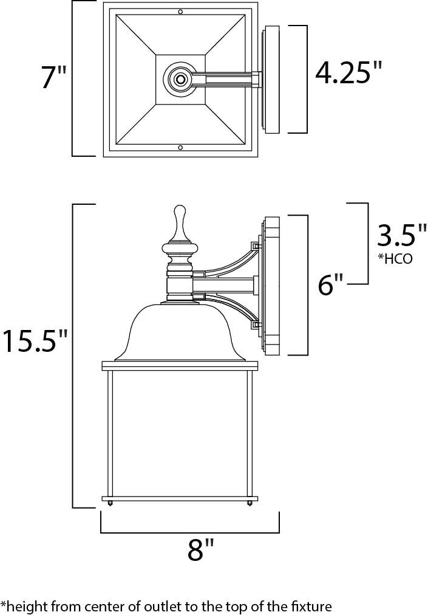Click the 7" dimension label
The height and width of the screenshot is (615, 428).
click(53, 79)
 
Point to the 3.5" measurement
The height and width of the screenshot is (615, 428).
click(402, 235)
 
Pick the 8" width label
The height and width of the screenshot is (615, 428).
click(200, 551)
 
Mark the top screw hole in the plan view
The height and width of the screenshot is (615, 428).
click(180, 12)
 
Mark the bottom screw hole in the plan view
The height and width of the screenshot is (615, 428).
click(180, 148)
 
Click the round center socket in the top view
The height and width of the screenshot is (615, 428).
click(180, 80)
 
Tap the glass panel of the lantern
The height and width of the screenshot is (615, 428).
click(180, 435)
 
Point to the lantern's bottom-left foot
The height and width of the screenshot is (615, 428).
click(110, 503)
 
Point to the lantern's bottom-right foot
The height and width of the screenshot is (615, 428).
click(250, 503)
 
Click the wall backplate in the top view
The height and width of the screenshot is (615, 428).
click(272, 80)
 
